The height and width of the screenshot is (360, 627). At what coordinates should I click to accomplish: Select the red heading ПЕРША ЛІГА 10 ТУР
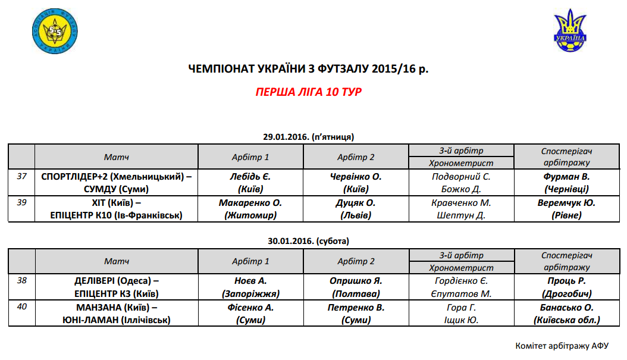point(308,92)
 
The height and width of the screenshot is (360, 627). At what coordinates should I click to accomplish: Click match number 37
point(21,177)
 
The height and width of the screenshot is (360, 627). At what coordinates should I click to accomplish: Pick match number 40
point(21,307)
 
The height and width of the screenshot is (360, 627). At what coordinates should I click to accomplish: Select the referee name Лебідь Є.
point(250,177)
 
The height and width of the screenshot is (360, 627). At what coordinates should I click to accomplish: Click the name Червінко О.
point(356,177)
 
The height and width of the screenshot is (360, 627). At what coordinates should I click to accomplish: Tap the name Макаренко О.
point(250,203)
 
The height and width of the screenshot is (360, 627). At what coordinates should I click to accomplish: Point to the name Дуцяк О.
point(356,203)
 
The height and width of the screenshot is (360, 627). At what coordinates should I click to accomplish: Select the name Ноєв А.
point(250,281)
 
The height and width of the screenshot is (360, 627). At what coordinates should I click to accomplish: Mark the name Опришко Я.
point(356,281)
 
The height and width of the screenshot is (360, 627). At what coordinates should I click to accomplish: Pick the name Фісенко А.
point(250,307)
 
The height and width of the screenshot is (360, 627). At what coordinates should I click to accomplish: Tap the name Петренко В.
point(356,307)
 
